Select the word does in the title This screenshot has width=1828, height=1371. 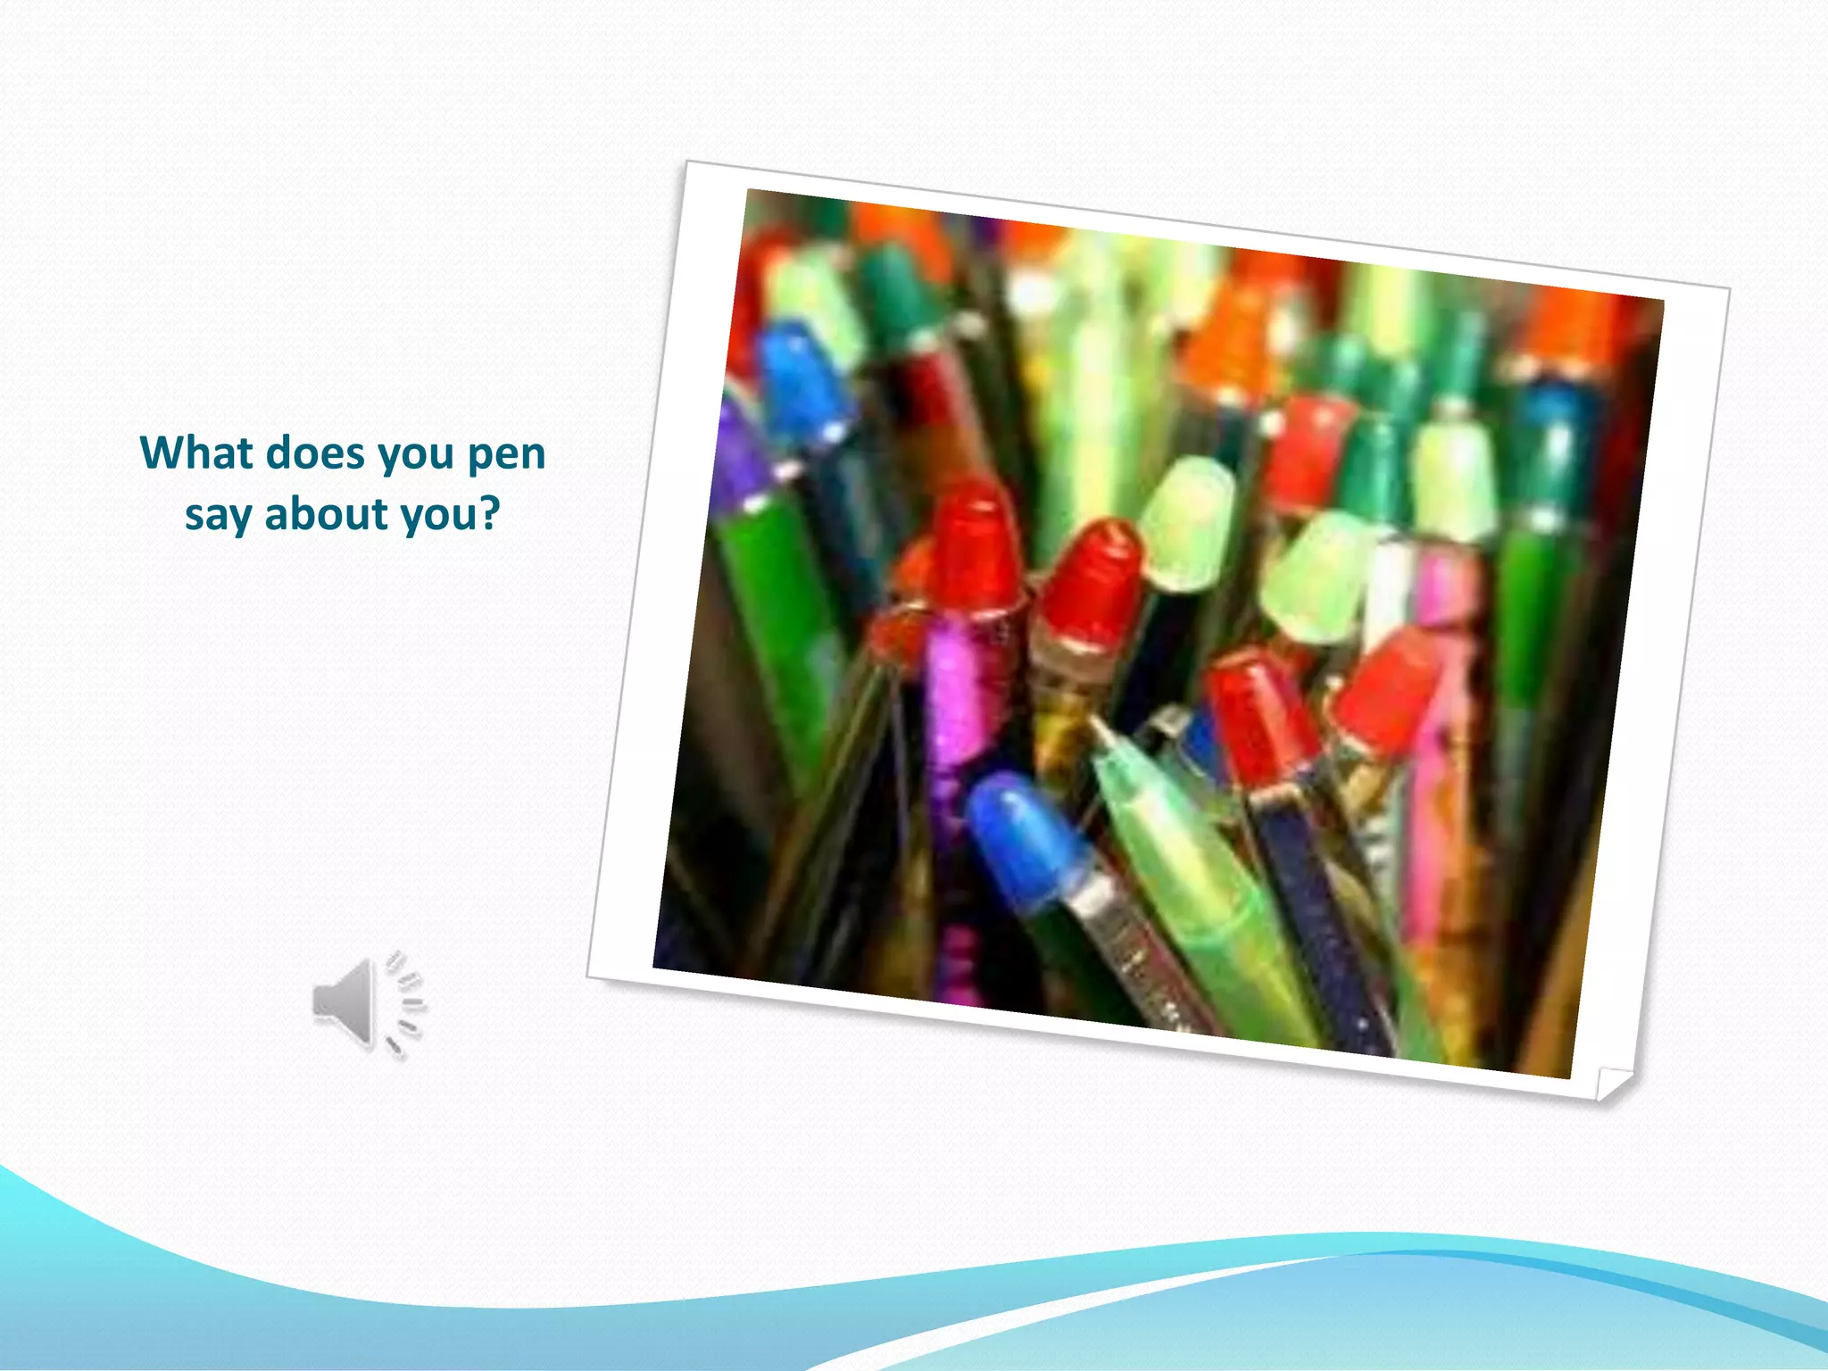click(316, 453)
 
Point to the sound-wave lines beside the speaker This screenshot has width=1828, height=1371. click(406, 1004)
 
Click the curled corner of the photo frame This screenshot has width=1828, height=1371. click(1612, 1084)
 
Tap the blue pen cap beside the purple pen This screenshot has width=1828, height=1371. click(803, 379)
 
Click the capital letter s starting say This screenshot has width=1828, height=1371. click(194, 516)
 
